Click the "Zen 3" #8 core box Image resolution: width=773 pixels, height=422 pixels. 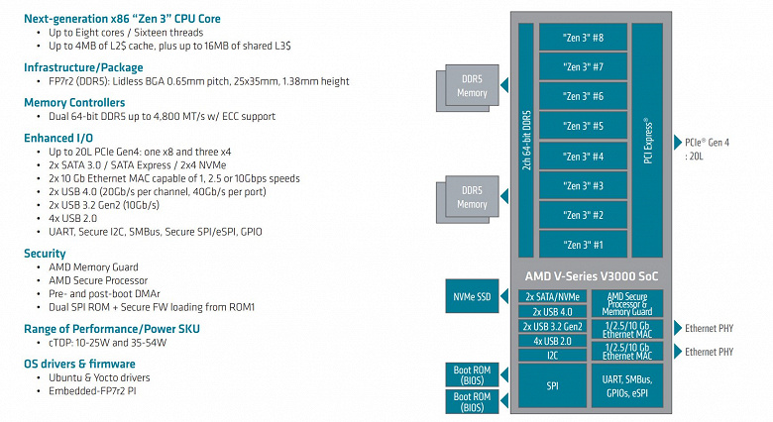(x=583, y=37)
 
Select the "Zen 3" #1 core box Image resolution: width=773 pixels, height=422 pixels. (x=583, y=245)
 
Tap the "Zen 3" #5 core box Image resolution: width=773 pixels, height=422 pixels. (x=583, y=126)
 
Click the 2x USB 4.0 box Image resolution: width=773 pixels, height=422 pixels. (x=553, y=311)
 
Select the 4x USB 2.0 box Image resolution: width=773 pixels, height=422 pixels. (x=553, y=341)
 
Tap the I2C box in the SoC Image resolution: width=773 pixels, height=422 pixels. (x=553, y=355)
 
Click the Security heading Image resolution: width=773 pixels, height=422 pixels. (x=45, y=254)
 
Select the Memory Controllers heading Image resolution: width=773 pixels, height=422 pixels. (x=74, y=102)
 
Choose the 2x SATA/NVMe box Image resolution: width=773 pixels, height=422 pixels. (x=553, y=296)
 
